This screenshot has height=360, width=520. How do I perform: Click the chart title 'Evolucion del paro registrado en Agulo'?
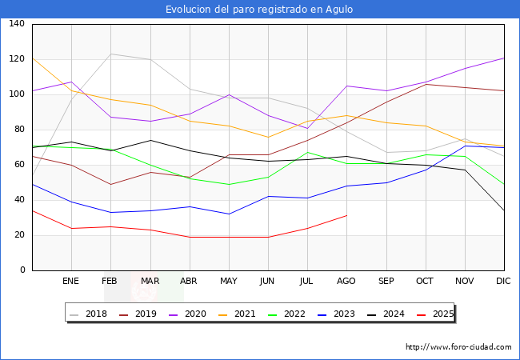[x=259, y=10]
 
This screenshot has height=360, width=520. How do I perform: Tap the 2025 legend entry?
[x=439, y=314]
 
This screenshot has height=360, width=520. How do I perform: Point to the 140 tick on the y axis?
[x=17, y=24]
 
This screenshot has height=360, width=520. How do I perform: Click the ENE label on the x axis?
[x=71, y=282]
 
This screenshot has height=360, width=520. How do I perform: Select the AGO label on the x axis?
[x=346, y=282]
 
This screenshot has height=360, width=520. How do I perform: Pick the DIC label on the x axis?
[x=503, y=282]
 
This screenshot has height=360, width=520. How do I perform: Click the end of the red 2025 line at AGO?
[x=346, y=215]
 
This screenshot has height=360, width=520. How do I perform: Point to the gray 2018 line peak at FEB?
[x=110, y=54]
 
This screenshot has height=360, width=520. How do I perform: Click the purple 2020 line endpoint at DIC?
[x=503, y=58]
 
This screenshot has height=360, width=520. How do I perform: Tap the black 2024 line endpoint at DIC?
[x=503, y=210]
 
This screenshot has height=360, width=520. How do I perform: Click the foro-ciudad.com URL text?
[x=458, y=347]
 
